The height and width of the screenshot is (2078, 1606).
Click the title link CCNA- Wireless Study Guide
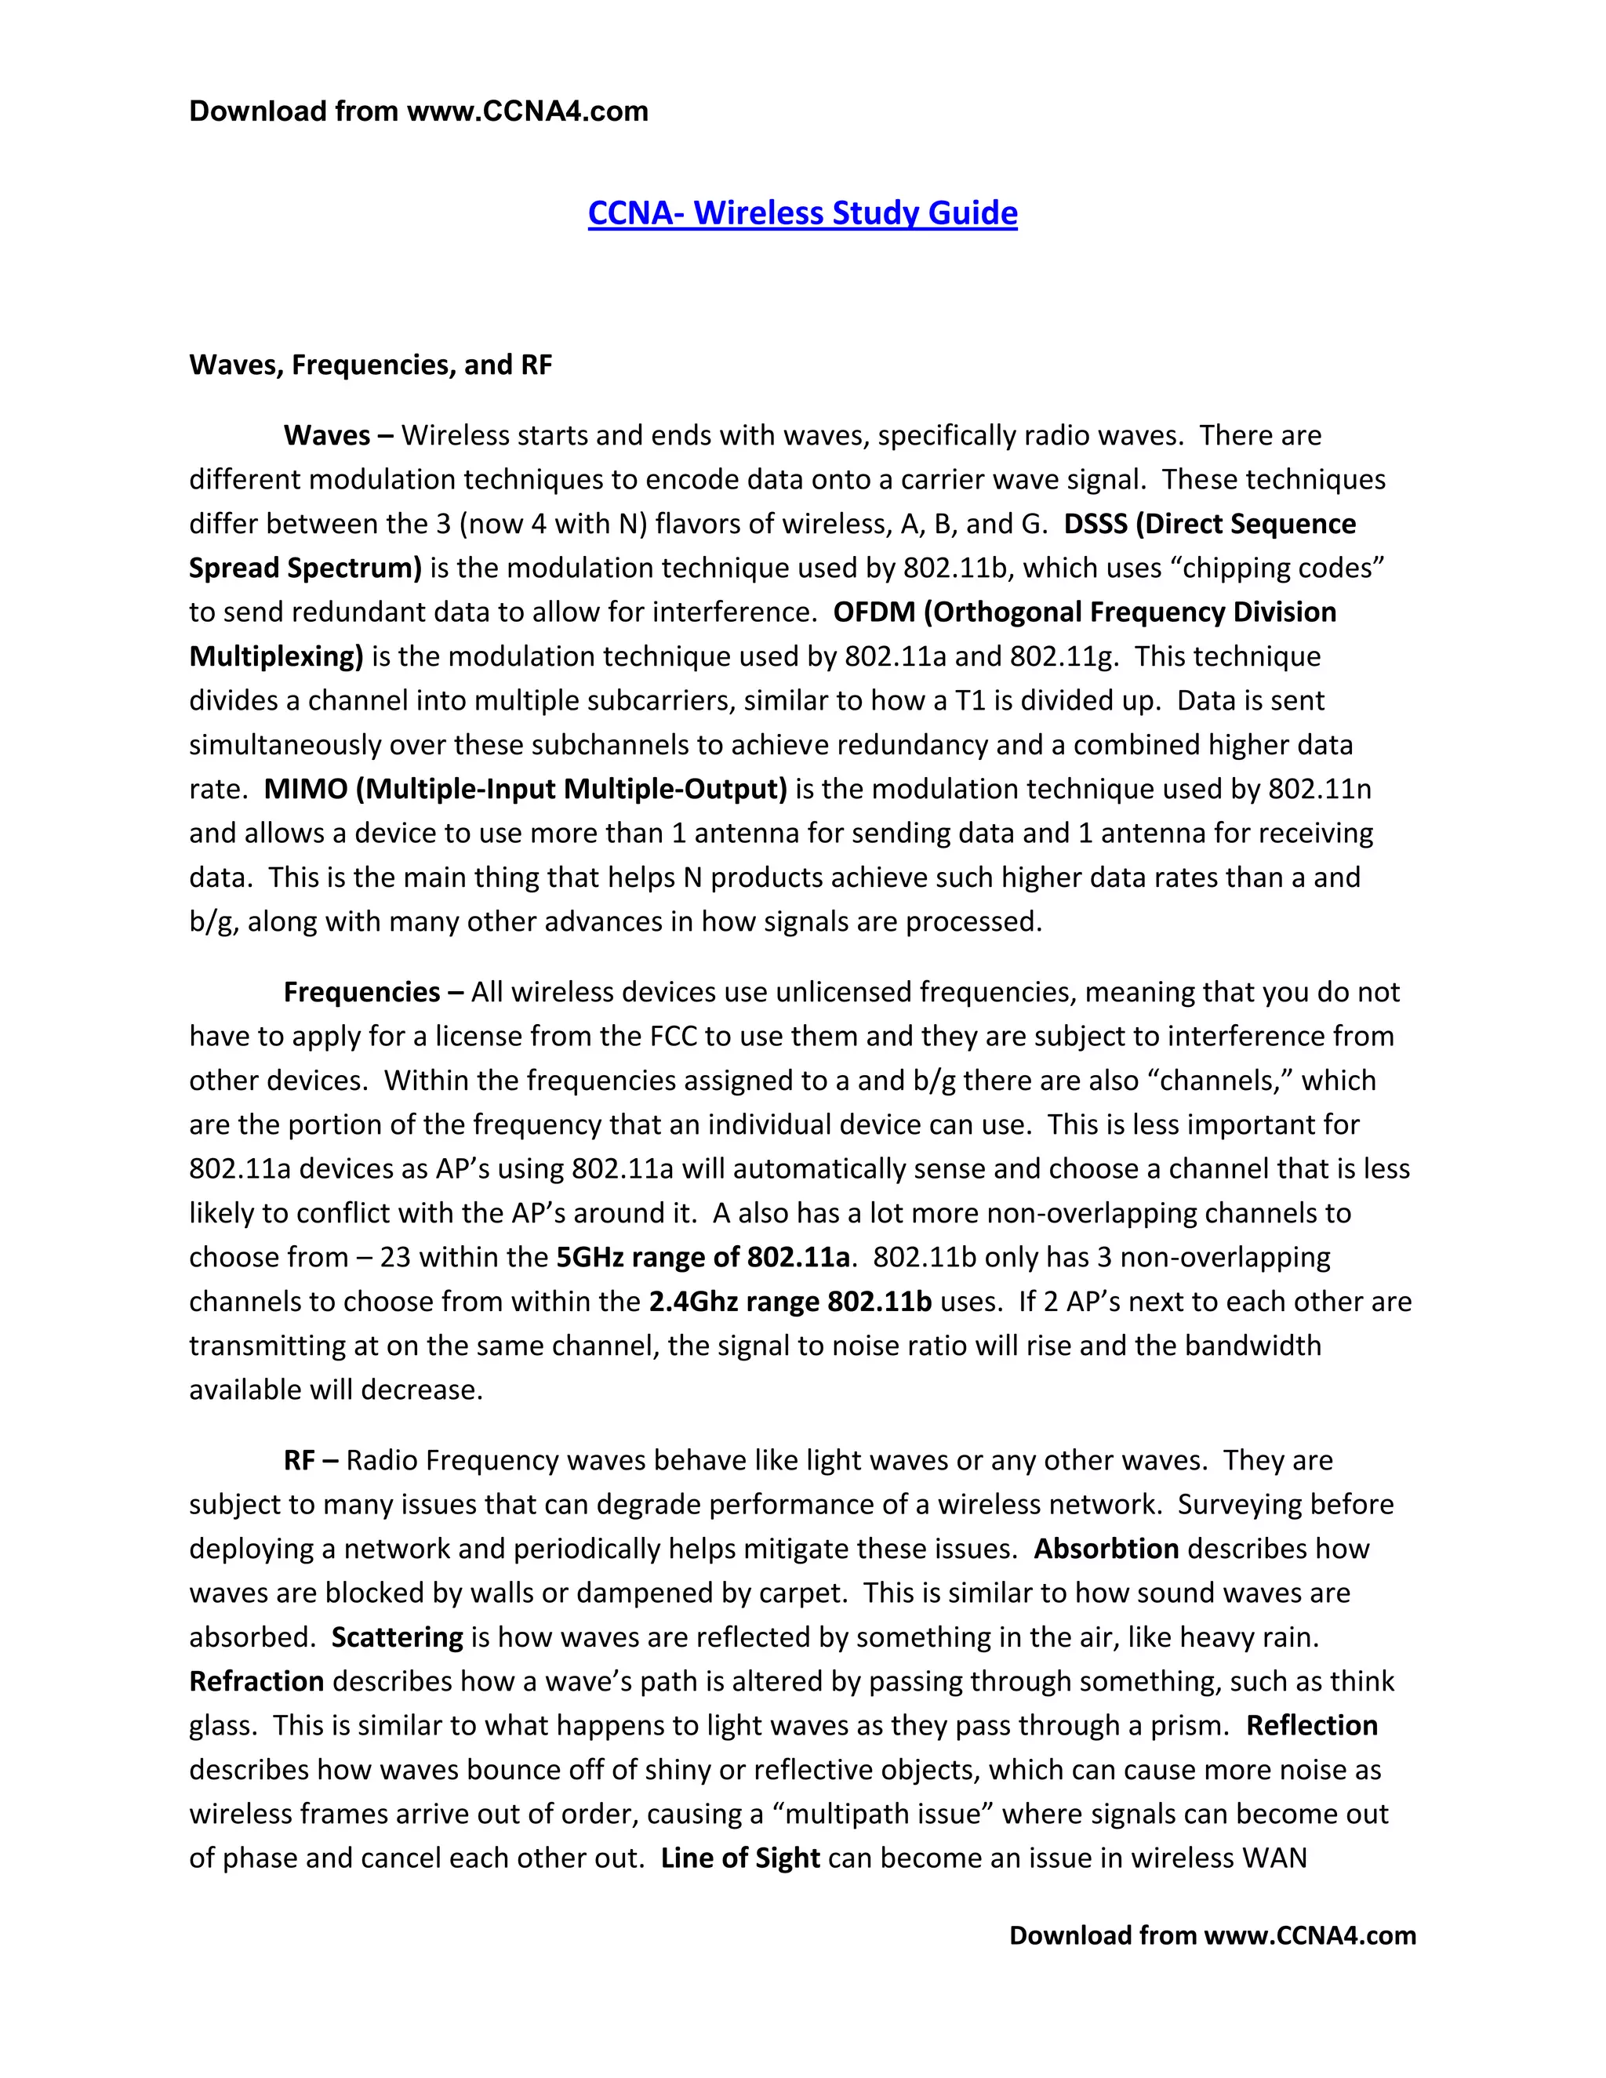[x=802, y=213]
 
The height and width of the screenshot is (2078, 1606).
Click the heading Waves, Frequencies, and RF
[x=370, y=365]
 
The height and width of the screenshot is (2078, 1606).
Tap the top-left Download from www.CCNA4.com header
[x=419, y=111]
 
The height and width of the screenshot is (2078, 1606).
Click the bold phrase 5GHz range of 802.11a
[x=702, y=1258]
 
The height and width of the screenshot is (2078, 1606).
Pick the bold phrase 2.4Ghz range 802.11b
[x=790, y=1302]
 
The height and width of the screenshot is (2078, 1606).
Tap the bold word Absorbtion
[x=1106, y=1549]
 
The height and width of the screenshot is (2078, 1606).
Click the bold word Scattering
[x=397, y=1637]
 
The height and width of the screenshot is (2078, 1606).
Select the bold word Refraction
[x=257, y=1681]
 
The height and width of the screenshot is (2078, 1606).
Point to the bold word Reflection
[x=1312, y=1726]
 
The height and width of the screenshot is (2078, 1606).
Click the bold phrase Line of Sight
[x=740, y=1858]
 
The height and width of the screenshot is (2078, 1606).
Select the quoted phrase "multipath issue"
[x=882, y=1815]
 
